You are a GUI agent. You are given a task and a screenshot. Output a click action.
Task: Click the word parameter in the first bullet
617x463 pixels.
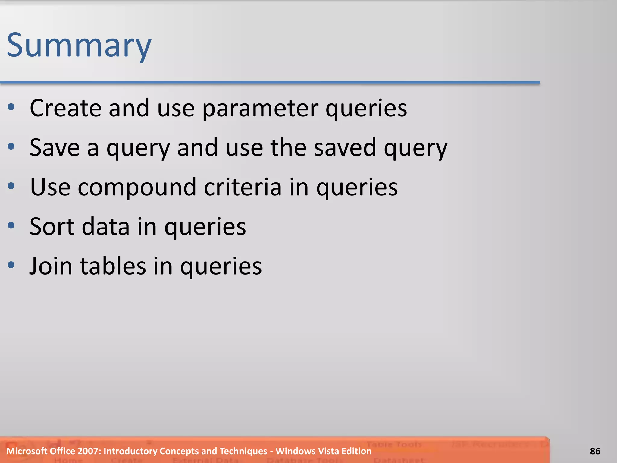(x=260, y=109)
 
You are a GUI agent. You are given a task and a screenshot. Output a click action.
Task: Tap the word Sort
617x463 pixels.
(x=52, y=227)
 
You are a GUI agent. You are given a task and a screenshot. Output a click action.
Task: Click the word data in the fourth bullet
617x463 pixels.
(x=106, y=227)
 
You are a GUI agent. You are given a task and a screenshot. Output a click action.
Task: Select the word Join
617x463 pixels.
(x=51, y=266)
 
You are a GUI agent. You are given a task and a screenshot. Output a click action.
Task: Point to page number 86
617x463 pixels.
(x=595, y=451)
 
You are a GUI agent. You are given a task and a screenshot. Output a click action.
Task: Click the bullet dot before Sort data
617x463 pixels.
(x=11, y=225)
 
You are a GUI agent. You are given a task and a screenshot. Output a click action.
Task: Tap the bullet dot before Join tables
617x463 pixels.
(x=11, y=265)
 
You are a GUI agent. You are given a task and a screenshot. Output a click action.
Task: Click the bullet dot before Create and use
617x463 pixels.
(x=11, y=107)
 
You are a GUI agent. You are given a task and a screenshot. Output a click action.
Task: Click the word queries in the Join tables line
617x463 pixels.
(x=221, y=267)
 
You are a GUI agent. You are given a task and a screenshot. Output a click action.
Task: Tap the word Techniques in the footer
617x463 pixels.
(x=243, y=451)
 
